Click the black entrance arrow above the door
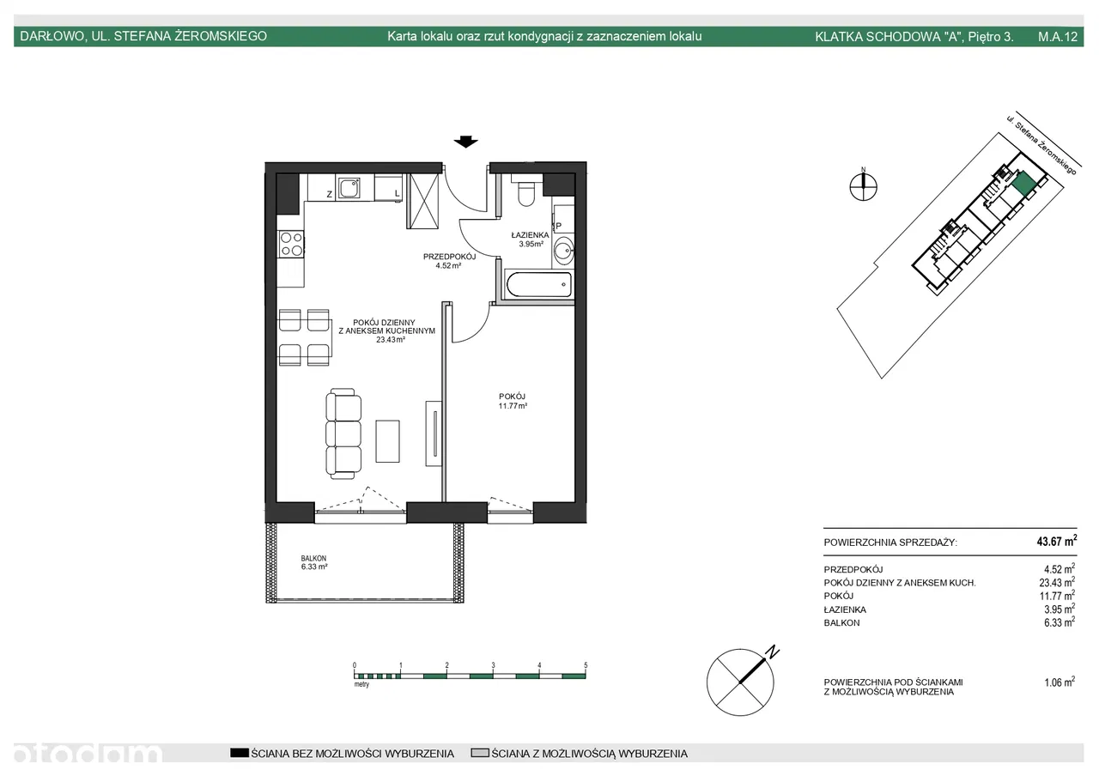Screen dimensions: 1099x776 pyautogui.click(x=465, y=142)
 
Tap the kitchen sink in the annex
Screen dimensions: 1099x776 pyautogui.click(x=349, y=188)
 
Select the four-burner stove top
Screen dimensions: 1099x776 pyautogui.click(x=291, y=245)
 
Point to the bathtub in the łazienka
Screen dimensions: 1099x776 pyautogui.click(x=538, y=285)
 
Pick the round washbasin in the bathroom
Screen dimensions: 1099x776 pyautogui.click(x=564, y=251)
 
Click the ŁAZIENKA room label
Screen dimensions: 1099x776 pyautogui.click(x=530, y=235)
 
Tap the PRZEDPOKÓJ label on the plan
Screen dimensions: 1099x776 pyautogui.click(x=449, y=256)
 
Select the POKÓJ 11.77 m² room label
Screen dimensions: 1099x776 pyautogui.click(x=513, y=401)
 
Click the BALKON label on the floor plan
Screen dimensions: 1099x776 pyautogui.click(x=313, y=558)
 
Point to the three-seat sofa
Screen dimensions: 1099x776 pyautogui.click(x=343, y=433)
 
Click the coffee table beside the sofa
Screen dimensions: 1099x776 pyautogui.click(x=387, y=441)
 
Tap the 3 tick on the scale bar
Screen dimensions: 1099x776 pyautogui.click(x=493, y=665)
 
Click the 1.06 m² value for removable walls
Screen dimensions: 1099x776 pyautogui.click(x=1060, y=682)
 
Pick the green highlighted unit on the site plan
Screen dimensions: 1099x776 pyautogui.click(x=1023, y=184)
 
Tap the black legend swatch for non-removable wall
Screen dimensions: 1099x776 pyautogui.click(x=240, y=753)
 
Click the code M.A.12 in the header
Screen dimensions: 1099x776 pyautogui.click(x=1058, y=36)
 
